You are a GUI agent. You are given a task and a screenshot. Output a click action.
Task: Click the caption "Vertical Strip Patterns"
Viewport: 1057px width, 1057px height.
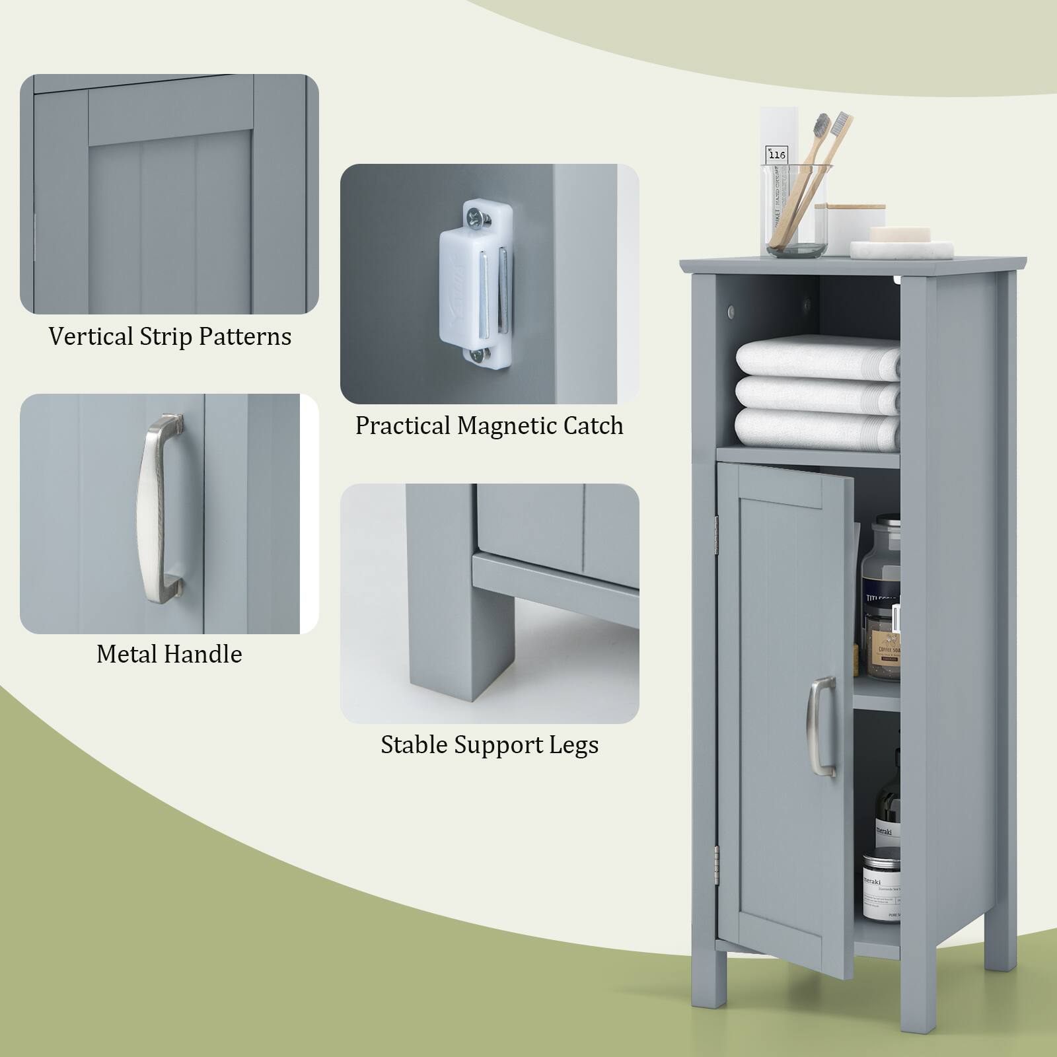(170, 336)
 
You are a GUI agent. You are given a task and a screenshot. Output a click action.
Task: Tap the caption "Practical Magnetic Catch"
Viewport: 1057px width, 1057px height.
(489, 425)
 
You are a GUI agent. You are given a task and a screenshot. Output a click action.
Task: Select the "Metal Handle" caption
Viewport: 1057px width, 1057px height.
(169, 654)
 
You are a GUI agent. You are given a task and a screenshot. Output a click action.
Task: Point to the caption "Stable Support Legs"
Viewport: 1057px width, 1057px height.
(490, 745)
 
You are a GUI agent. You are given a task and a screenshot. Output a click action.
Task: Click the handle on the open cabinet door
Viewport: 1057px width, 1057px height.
(821, 726)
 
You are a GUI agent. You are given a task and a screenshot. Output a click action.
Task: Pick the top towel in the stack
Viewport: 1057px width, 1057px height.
(818, 357)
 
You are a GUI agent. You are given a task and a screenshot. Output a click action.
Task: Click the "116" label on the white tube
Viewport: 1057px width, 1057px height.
(777, 155)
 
